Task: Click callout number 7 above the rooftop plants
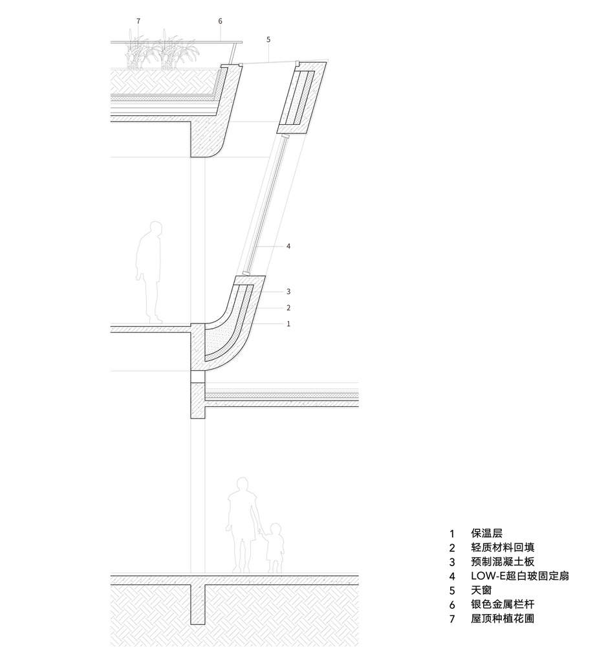tap(138, 21)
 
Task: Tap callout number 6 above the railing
tap(220, 21)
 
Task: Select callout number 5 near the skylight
tap(268, 40)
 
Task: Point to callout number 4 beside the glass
tap(288, 247)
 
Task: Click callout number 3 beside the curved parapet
tap(288, 292)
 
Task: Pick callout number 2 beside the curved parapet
tap(288, 308)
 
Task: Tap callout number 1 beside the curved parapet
tap(288, 323)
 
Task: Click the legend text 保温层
tap(487, 534)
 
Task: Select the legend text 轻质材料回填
tap(503, 548)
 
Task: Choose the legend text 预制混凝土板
tap(503, 562)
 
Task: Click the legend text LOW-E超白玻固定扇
tap(520, 576)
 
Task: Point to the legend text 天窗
tap(482, 591)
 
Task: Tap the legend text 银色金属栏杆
tap(503, 605)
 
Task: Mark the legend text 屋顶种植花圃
tap(503, 619)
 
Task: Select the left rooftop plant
tap(138, 52)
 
